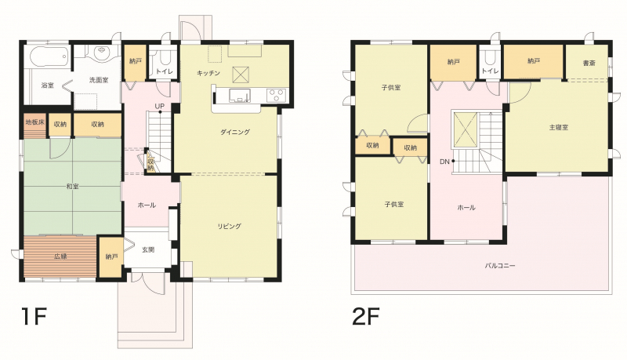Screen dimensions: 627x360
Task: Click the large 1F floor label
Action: pyautogui.click(x=34, y=316)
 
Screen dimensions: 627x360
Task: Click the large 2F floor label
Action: pyautogui.click(x=365, y=316)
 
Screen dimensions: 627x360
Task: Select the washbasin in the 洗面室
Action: pyautogui.click(x=103, y=53)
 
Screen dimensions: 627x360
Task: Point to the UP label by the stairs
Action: pyautogui.click(x=160, y=107)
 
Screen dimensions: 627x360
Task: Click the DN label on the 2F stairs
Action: pyautogui.click(x=444, y=162)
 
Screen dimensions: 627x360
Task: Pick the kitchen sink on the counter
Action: pyautogui.click(x=239, y=96)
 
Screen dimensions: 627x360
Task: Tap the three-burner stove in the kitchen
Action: pyautogui.click(x=277, y=95)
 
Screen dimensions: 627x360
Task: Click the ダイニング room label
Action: pyautogui.click(x=234, y=132)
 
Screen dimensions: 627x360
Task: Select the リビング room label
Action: pyautogui.click(x=230, y=226)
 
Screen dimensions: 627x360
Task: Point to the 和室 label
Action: pyautogui.click(x=72, y=187)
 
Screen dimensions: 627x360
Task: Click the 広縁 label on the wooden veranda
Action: pyautogui.click(x=60, y=256)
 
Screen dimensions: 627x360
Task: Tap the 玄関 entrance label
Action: pyautogui.click(x=148, y=249)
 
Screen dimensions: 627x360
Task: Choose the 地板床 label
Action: pyautogui.click(x=34, y=122)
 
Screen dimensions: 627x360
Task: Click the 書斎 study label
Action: pyautogui.click(x=589, y=63)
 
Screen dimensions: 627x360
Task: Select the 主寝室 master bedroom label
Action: pyautogui.click(x=559, y=127)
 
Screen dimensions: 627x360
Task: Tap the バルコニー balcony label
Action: pyautogui.click(x=500, y=265)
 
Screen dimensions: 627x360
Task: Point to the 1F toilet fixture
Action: pyautogui.click(x=164, y=58)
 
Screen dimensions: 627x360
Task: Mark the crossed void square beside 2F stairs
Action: pyautogui.click(x=465, y=129)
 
